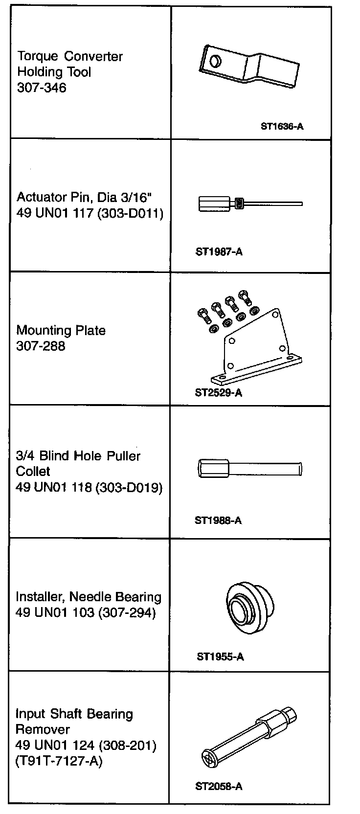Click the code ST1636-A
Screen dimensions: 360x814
click(x=282, y=126)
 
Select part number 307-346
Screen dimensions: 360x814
click(x=42, y=88)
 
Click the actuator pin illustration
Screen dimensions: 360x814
click(x=250, y=203)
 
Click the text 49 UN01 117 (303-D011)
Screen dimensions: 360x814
click(x=90, y=213)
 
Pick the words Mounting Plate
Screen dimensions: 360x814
click(x=61, y=330)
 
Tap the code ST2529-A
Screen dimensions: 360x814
click(x=218, y=392)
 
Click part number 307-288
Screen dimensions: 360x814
click(x=41, y=346)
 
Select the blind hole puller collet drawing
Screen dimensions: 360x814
click(x=250, y=469)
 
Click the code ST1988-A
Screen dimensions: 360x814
click(x=218, y=520)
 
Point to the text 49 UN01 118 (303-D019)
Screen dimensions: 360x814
click(x=89, y=487)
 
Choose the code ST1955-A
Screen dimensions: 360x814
click(x=220, y=656)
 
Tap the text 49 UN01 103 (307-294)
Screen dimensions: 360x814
click(x=86, y=612)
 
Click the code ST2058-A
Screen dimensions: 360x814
click(x=219, y=786)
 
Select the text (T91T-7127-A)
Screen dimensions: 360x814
click(x=59, y=761)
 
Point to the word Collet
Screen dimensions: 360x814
click(x=33, y=471)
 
